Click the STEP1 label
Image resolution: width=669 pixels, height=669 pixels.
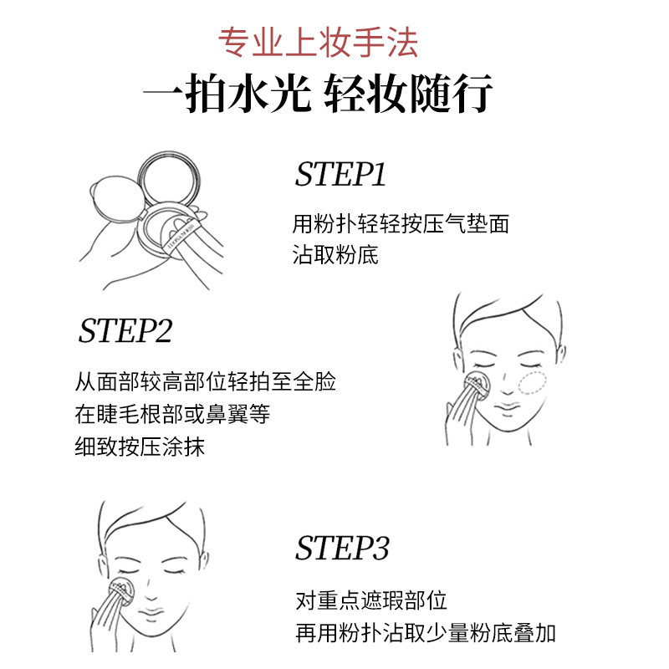[340, 175]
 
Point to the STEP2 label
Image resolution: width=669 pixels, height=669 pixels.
[125, 331]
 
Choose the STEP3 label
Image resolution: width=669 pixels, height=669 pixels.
[342, 549]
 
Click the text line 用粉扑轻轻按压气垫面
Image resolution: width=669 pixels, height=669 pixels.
[401, 224]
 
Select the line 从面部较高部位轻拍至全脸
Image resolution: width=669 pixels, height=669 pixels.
[206, 383]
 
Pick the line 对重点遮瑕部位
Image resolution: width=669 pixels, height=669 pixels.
[371, 600]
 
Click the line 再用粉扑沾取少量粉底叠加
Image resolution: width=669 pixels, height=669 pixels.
[426, 633]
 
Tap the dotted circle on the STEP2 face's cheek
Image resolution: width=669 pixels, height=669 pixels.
[529, 383]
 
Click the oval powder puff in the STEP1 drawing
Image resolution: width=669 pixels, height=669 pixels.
[110, 197]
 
